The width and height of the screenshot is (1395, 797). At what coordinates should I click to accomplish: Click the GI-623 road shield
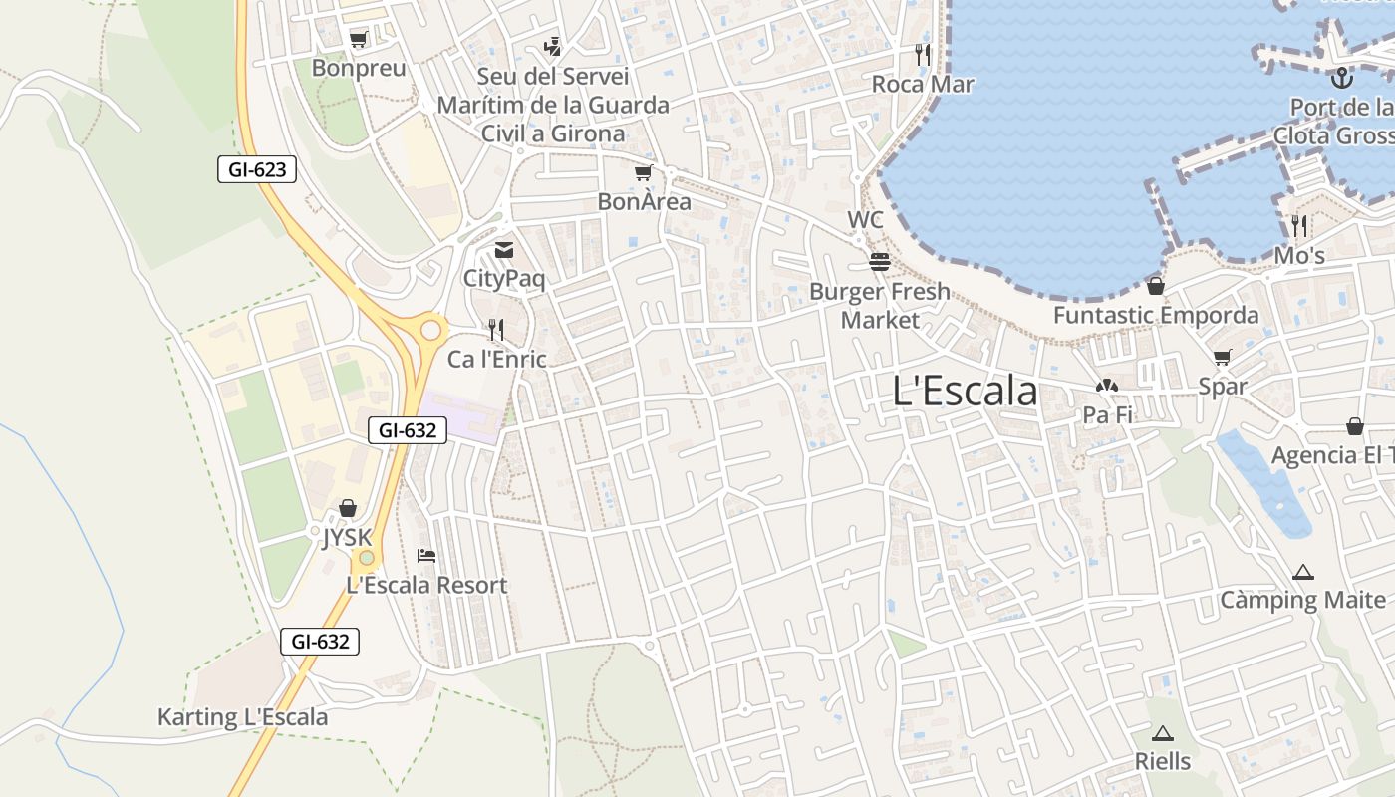[257, 169]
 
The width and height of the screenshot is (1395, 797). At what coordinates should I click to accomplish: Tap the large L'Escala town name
[965, 391]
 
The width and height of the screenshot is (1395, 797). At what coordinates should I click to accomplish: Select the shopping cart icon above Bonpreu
[359, 40]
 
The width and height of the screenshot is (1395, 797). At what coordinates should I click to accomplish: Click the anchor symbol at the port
[1342, 76]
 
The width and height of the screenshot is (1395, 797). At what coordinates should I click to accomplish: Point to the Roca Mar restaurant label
[923, 84]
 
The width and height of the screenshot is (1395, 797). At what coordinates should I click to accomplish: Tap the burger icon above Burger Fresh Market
[879, 262]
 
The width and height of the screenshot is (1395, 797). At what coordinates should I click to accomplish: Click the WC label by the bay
[865, 219]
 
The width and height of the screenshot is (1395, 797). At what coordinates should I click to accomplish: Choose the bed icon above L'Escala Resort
[426, 555]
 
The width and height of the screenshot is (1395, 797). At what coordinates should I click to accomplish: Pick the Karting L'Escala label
[242, 717]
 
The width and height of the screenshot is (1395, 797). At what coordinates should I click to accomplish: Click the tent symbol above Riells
[1162, 734]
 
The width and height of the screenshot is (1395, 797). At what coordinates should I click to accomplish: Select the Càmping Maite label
[1303, 600]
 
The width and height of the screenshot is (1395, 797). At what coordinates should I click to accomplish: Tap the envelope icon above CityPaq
[504, 250]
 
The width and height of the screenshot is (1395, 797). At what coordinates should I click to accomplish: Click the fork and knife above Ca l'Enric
[496, 329]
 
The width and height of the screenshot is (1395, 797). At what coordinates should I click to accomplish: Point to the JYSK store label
[347, 538]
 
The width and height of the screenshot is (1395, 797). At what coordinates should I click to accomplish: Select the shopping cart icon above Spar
[1223, 358]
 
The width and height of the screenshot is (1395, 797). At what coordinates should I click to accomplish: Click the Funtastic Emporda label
[1156, 315]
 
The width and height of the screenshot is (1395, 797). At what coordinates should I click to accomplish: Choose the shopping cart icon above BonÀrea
[644, 173]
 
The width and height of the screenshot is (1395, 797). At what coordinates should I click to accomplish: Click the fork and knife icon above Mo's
[1298, 225]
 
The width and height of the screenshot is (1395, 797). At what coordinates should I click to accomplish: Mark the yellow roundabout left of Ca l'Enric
[430, 329]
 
